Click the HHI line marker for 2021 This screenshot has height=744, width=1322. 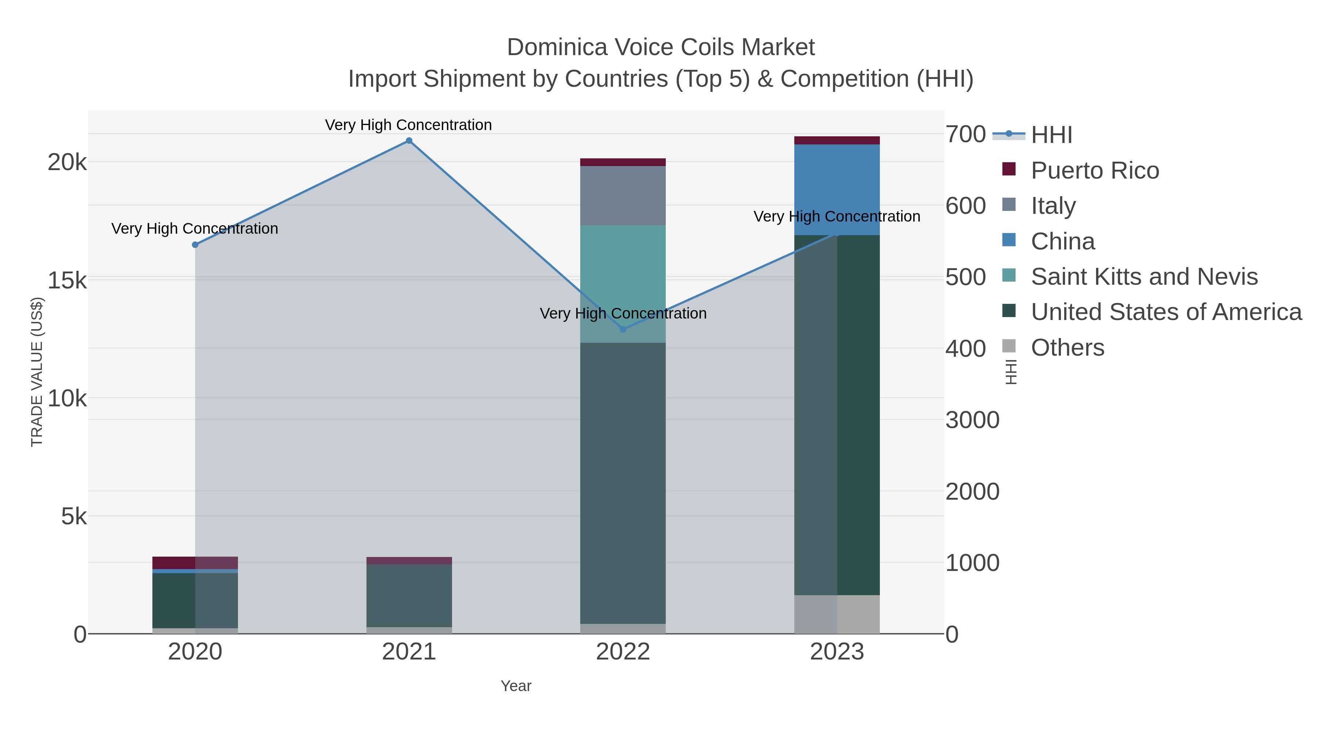coord(409,141)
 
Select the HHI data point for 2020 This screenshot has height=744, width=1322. coord(195,245)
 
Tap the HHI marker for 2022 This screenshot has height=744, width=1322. coord(623,329)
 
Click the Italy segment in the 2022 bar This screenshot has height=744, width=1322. coord(623,195)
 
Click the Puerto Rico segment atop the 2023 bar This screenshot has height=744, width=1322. coord(837,140)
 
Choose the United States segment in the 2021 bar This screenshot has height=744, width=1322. coord(409,596)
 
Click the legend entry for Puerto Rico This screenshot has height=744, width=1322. coord(1095,170)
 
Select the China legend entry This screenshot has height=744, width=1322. coord(1062,241)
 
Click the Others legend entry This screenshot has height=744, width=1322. coord(1068,348)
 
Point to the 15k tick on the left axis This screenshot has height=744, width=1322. coord(67,280)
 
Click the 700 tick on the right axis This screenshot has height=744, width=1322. coord(965,134)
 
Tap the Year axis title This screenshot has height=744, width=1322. coord(516,686)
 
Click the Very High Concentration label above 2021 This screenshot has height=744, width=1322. coord(408,125)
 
